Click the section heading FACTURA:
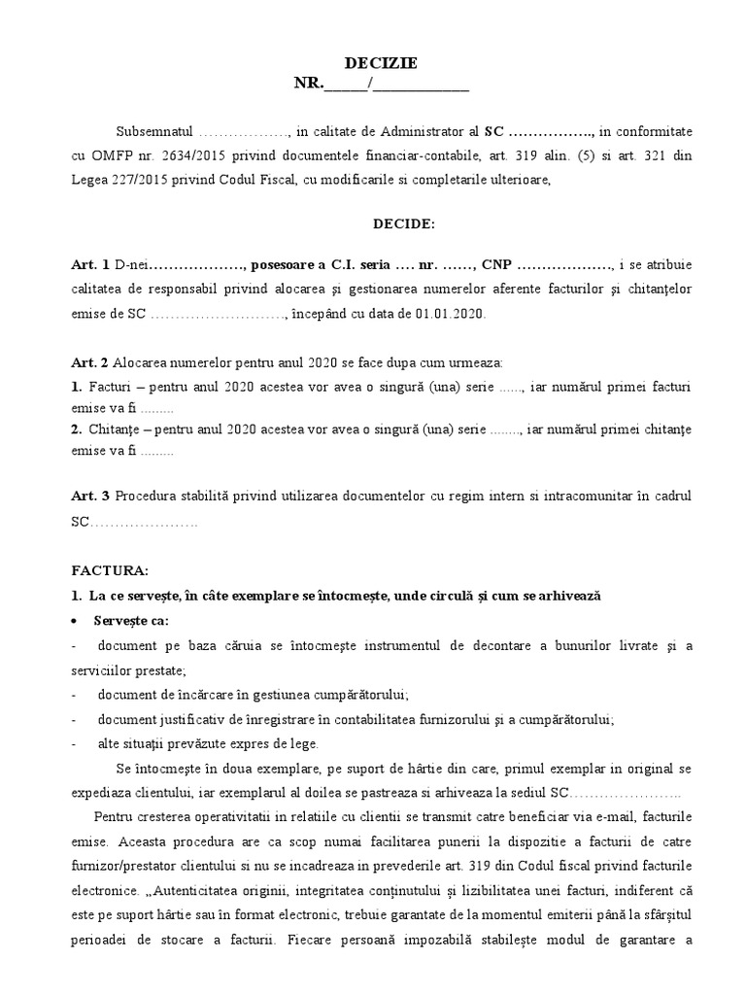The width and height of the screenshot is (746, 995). tap(111, 571)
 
